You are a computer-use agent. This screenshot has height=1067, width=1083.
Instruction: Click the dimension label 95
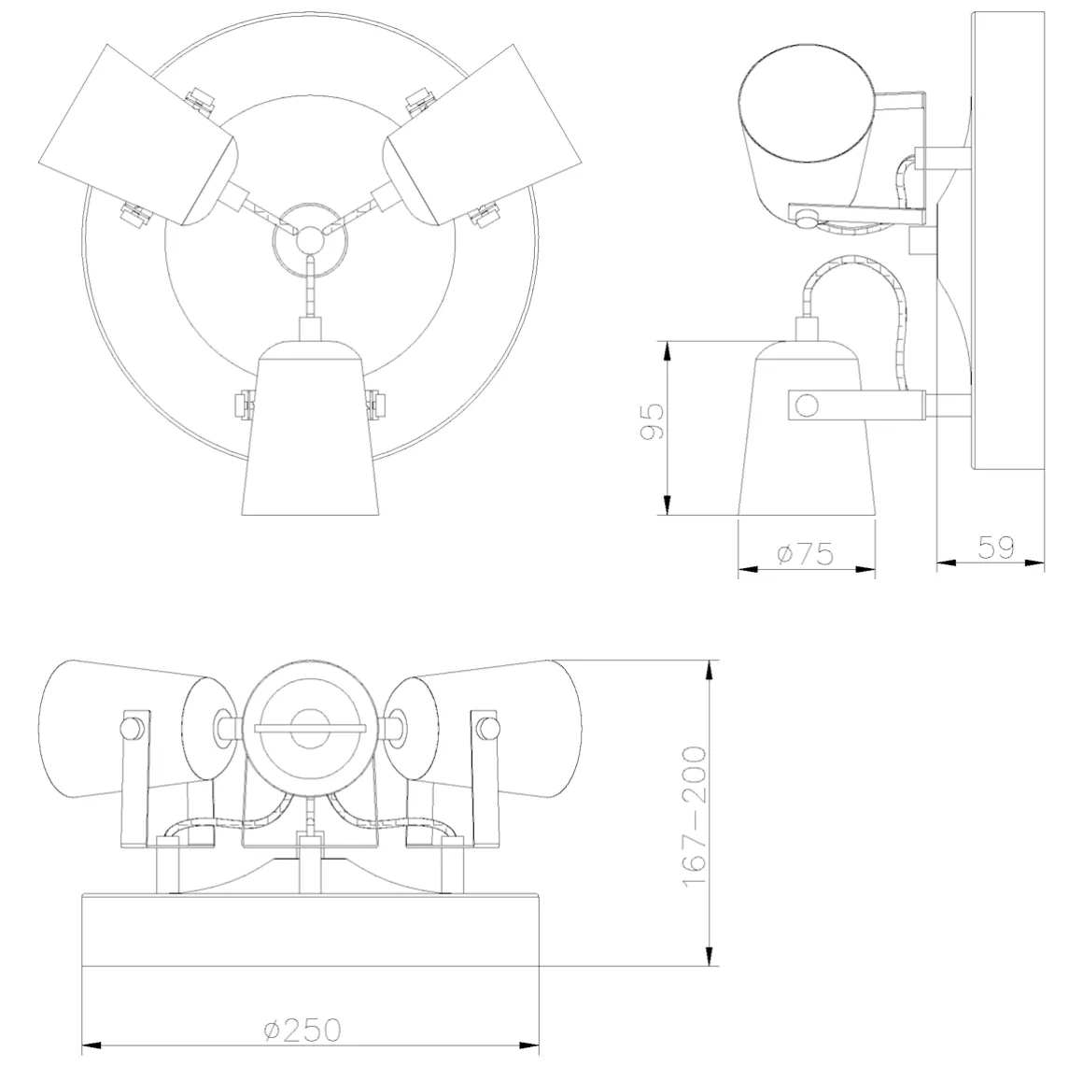[x=652, y=422]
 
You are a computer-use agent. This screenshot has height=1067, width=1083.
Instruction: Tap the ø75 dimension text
[x=806, y=554]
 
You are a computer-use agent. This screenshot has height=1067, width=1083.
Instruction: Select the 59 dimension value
[x=996, y=548]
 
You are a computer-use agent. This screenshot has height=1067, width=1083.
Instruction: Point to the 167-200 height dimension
[x=695, y=817]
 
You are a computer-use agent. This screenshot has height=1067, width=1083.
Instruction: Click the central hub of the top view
[x=309, y=239]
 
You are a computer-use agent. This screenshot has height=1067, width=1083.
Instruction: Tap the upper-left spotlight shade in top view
[x=138, y=135]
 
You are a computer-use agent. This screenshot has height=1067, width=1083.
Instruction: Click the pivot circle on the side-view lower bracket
[x=806, y=405]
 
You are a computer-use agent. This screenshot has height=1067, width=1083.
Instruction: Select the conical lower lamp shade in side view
[x=807, y=428]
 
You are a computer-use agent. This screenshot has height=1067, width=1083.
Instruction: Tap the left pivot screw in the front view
[x=129, y=727]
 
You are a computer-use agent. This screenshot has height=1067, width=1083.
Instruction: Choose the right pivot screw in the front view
[x=487, y=727]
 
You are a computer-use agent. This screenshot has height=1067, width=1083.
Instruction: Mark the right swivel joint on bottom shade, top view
[x=376, y=405]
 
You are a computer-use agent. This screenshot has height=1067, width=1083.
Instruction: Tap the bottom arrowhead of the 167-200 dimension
[x=710, y=956]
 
